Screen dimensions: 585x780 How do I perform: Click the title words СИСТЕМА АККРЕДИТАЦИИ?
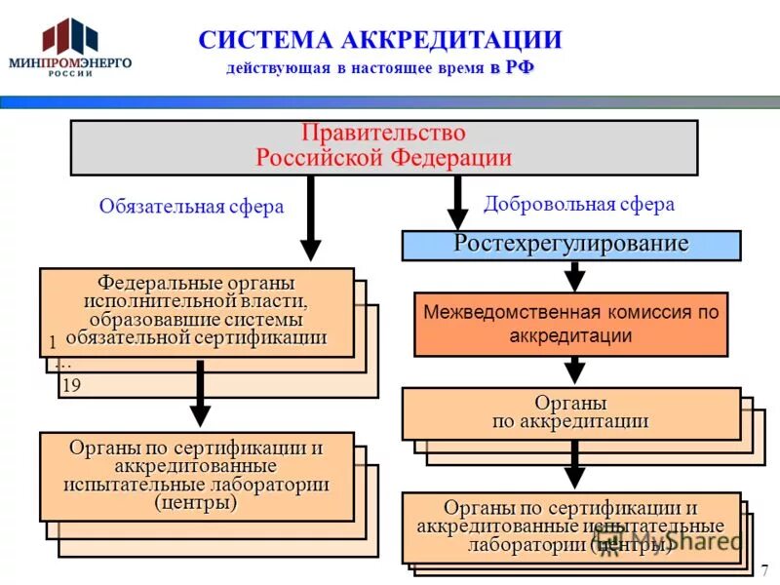point(380,40)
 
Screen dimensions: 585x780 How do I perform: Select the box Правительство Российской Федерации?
point(383,146)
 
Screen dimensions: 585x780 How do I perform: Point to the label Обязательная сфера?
point(191,207)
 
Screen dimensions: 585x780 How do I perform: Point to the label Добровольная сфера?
point(579,204)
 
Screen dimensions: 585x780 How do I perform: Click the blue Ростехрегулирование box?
point(571,245)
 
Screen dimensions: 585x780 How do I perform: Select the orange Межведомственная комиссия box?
point(571,324)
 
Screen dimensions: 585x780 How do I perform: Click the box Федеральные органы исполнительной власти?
point(196,311)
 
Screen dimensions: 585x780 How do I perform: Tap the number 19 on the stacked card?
point(71,386)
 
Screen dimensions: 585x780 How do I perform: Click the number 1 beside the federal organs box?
point(51,343)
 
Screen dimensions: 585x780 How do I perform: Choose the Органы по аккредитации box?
point(570,413)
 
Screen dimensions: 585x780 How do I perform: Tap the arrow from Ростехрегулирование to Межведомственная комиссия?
point(575,276)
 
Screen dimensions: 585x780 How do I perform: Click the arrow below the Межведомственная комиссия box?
point(575,370)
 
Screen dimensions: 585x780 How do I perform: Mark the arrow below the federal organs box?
point(200,393)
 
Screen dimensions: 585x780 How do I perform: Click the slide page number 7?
point(764,568)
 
